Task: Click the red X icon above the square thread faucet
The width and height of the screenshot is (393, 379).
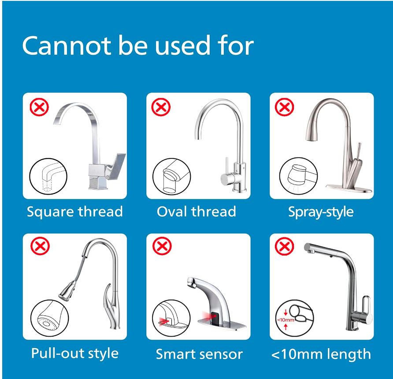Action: click(x=39, y=107)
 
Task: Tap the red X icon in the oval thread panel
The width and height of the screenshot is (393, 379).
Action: click(x=161, y=107)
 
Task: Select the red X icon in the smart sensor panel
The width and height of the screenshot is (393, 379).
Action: click(x=162, y=246)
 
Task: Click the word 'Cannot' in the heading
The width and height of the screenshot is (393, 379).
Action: click(x=67, y=46)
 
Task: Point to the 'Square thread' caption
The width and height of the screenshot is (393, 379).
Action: click(x=75, y=212)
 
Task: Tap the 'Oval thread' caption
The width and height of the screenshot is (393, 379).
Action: click(x=196, y=211)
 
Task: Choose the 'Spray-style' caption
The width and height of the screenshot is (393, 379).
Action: click(x=321, y=212)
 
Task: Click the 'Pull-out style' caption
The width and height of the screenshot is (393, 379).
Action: click(x=75, y=353)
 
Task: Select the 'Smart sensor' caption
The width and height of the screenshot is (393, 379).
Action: click(x=199, y=354)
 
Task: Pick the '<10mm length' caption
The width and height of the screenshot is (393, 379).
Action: click(x=321, y=354)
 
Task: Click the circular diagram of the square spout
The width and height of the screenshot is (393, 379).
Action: click(x=48, y=176)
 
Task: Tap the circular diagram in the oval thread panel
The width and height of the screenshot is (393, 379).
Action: click(x=172, y=176)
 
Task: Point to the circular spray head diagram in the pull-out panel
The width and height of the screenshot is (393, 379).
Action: click(x=50, y=319)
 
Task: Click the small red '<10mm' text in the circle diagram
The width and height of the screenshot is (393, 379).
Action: click(x=285, y=320)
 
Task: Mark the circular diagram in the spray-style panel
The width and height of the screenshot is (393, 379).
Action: click(x=299, y=176)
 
